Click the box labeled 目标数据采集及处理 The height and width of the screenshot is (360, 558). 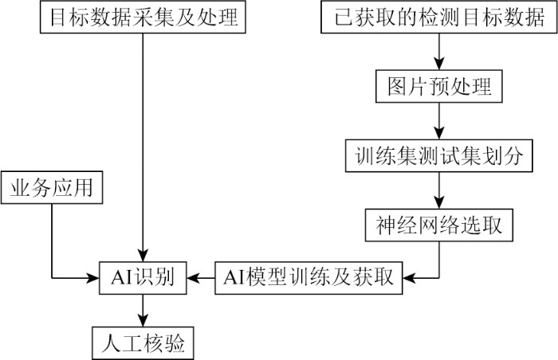[143, 17]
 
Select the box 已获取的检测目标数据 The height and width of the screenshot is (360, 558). [439, 17]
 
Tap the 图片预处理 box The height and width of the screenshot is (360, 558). [439, 86]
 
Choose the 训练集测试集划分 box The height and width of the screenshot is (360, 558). [439, 156]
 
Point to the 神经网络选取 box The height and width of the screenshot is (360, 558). [439, 225]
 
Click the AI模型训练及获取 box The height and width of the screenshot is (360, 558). [308, 278]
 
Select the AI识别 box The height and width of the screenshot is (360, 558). [143, 278]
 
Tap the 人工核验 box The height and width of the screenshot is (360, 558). [143, 343]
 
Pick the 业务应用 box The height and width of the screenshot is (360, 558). [52, 187]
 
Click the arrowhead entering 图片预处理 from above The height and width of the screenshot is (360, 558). [439, 64]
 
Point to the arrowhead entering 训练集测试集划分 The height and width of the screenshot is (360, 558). [439, 133]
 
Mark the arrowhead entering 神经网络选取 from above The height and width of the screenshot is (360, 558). [439, 202]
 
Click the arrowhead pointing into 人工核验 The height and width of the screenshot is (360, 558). [143, 320]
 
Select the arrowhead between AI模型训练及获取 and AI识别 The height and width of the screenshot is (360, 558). [193, 278]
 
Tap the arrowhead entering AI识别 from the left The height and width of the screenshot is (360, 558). [92, 278]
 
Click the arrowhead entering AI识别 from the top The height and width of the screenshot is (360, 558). [143, 255]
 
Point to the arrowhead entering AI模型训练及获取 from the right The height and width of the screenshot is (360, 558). [410, 278]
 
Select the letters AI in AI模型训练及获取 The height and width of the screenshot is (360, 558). [234, 278]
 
